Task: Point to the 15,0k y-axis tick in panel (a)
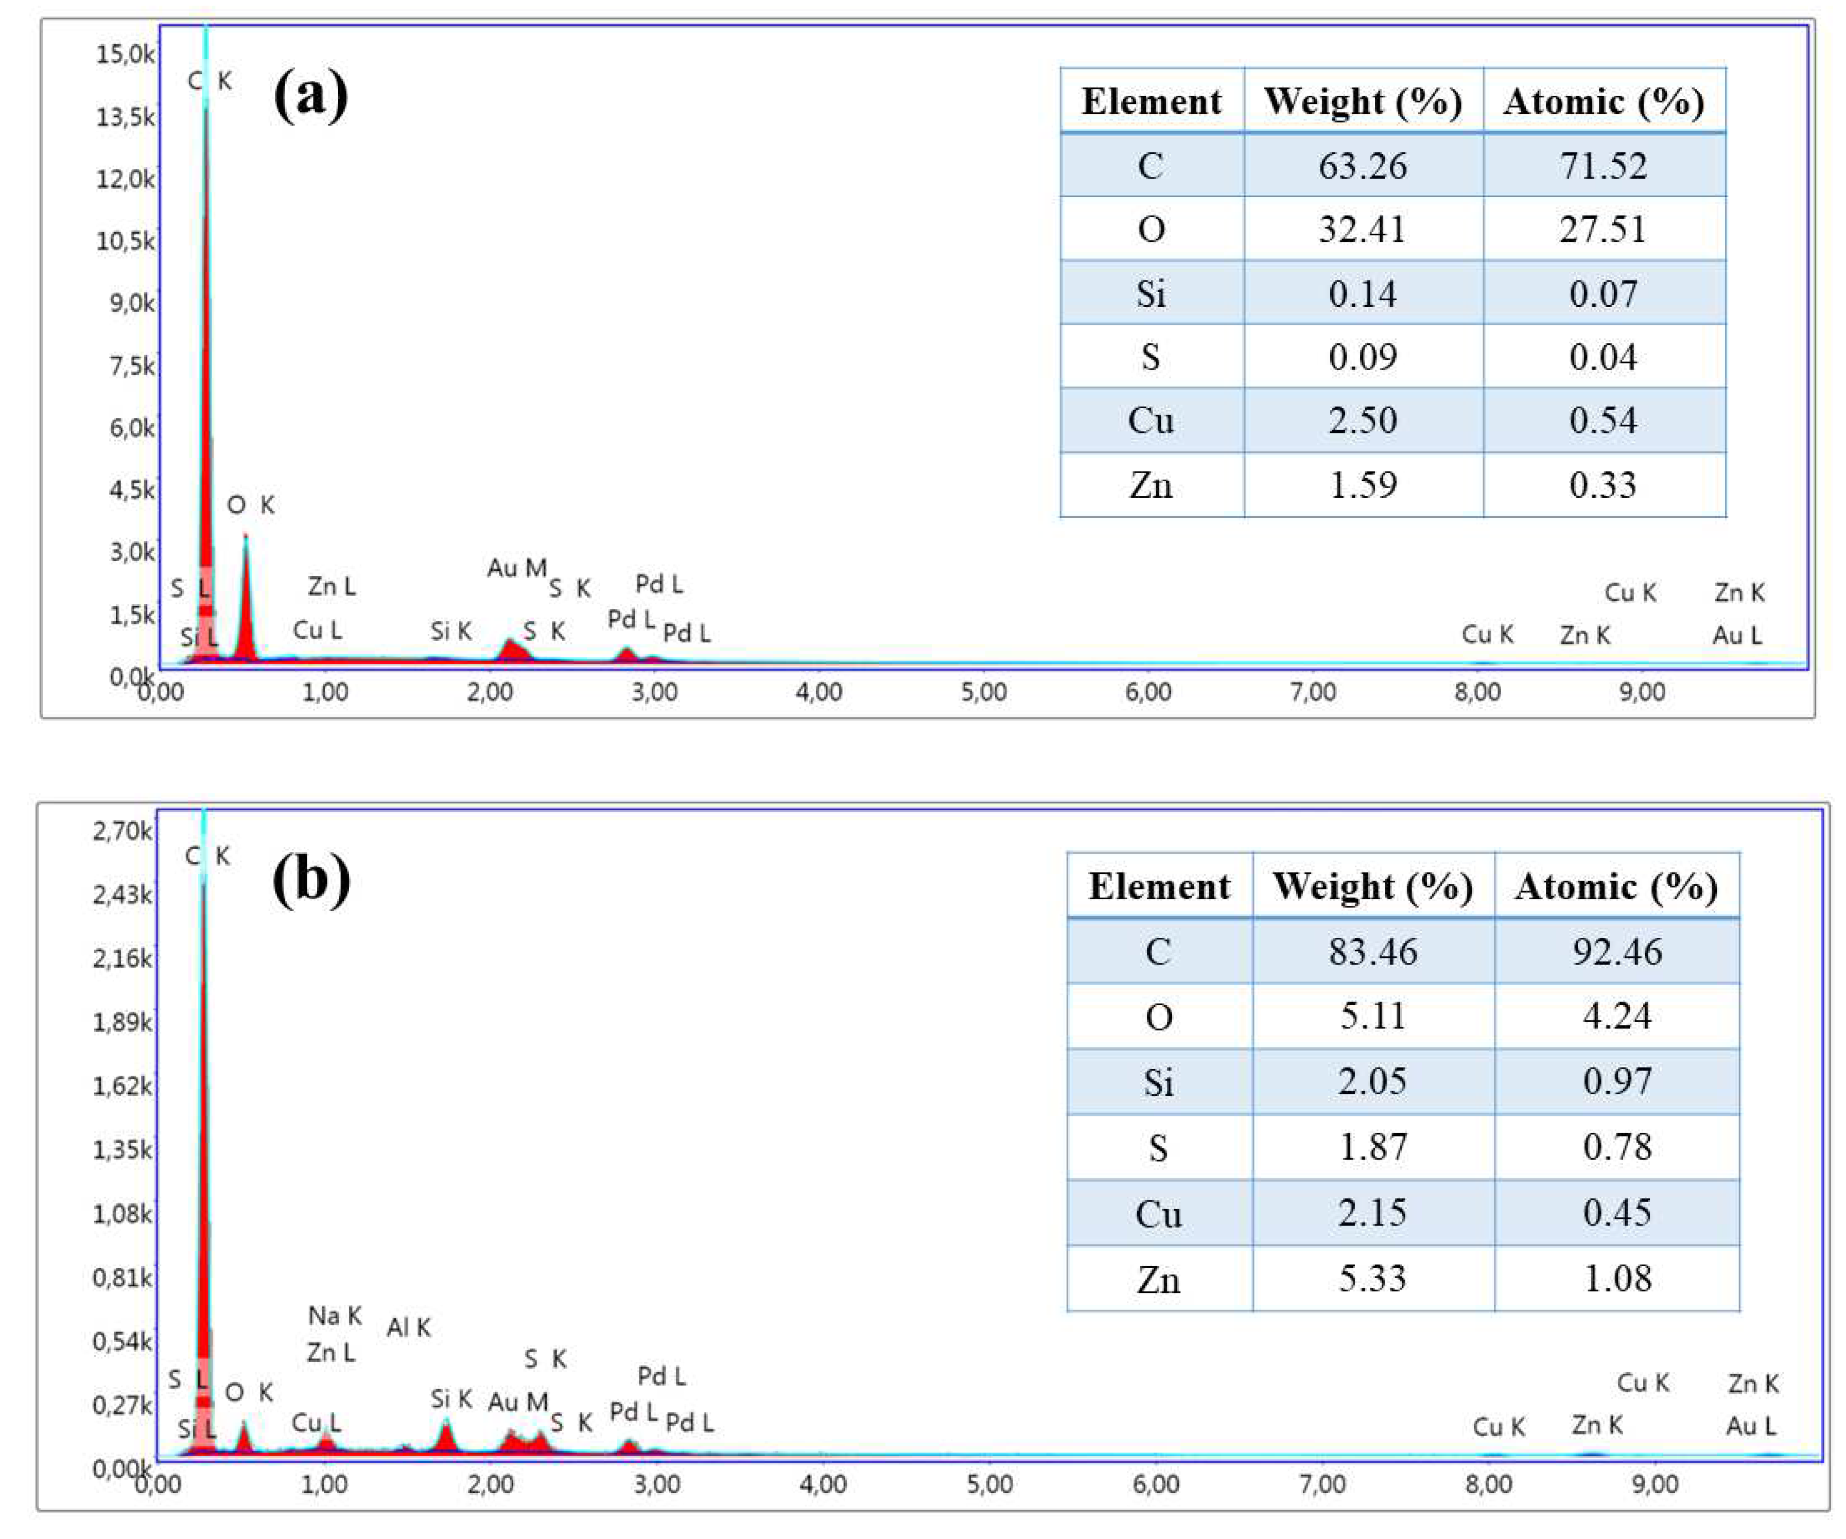pyautogui.click(x=125, y=55)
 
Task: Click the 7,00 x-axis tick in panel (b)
pyautogui.click(x=1322, y=1483)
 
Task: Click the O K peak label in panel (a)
pyautogui.click(x=251, y=504)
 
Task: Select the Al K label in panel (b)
pyautogui.click(x=409, y=1327)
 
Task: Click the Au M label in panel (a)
pyautogui.click(x=517, y=568)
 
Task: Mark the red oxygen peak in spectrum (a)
pyautogui.click(x=246, y=606)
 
